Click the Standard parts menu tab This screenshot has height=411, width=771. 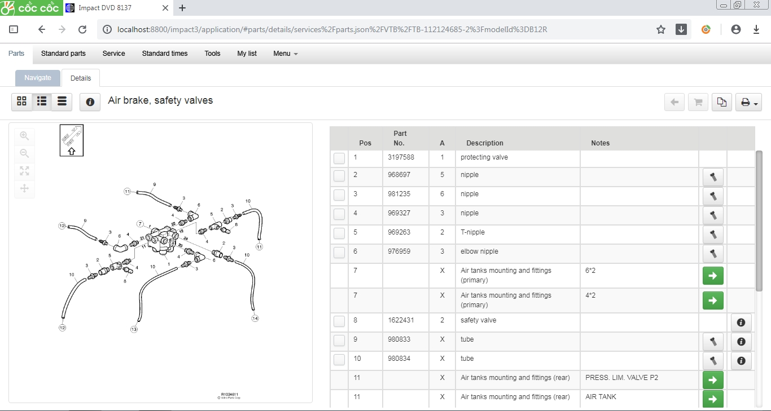pos(63,54)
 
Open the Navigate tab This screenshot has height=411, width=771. pos(38,78)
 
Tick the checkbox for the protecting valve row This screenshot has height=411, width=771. pos(339,158)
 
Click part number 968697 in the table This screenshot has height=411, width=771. pos(399,175)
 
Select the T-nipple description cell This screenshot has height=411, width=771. pos(472,232)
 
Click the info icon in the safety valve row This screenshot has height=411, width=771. pos(741,322)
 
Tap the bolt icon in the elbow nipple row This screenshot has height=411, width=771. pos(713,254)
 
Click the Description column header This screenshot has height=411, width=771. pos(484,143)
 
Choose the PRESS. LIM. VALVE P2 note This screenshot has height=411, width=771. pos(621,378)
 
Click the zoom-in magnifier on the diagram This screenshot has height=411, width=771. pos(24,136)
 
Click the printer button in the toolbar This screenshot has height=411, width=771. pos(748,102)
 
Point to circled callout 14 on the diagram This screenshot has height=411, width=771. pos(255,319)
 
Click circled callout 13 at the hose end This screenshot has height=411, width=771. pos(134,329)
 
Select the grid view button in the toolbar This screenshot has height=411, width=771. pos(21,101)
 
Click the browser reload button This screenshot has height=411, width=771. pos(82,29)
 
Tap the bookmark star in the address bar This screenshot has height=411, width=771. pos(661,29)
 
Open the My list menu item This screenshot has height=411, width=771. pos(247,54)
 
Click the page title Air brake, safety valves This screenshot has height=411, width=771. pos(160,101)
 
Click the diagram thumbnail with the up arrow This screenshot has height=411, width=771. pos(72,140)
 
